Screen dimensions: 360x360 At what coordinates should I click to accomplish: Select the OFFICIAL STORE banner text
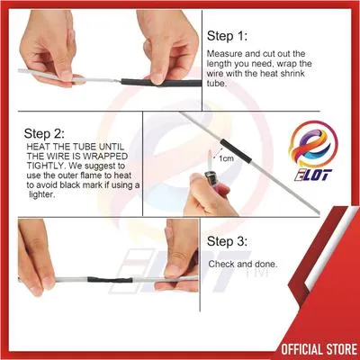click(315, 345)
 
